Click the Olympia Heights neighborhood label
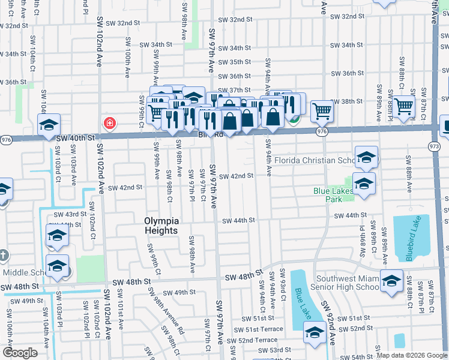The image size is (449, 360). (161, 225)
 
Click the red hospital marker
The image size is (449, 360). (110, 124)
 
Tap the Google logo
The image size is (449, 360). (20, 353)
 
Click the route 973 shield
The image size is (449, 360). (435, 146)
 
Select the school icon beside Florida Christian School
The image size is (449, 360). (366, 158)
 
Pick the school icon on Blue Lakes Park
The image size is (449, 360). (364, 184)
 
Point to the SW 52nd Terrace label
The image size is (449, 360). (258, 340)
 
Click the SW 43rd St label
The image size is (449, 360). (70, 214)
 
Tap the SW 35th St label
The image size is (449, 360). (231, 62)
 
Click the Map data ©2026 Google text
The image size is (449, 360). (412, 355)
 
